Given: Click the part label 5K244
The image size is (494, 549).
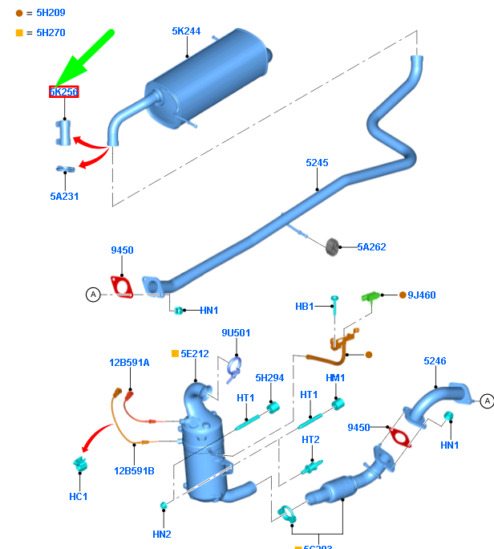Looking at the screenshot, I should coord(186,31).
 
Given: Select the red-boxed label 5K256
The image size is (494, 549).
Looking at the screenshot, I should coord(64,92).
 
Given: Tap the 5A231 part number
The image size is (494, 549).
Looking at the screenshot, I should coord(64,196).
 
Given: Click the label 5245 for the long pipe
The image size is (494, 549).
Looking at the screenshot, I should coord(317,163).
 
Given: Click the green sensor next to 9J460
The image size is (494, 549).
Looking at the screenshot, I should coord(370,296).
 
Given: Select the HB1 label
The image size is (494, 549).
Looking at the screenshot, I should coord(305,306).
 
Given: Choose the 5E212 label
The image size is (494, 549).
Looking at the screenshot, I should coord(194,353).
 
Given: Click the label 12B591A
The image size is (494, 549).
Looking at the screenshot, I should coord(129,362).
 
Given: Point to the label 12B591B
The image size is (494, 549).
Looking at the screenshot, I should coord(134,471).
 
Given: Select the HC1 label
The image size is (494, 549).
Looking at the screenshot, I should coord(78,497).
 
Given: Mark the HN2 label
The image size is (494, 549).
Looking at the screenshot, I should coord(162,534).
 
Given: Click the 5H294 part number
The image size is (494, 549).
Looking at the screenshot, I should coord(269,377).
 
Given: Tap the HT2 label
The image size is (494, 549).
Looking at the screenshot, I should coord(310,439).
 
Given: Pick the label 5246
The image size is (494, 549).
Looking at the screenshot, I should coord(435,361).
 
